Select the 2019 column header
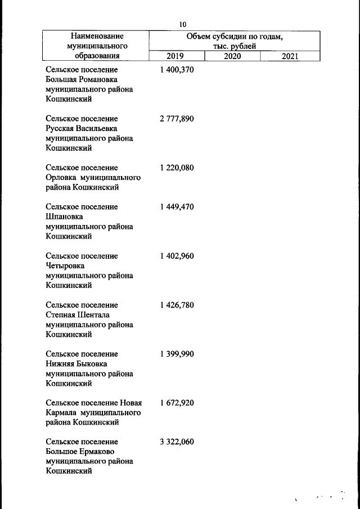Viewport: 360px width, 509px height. [176, 56]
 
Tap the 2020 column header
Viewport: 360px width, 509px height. [232, 56]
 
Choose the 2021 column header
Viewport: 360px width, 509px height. [290, 56]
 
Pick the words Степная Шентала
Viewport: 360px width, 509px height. [78, 315]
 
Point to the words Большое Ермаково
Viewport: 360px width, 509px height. [79, 452]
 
